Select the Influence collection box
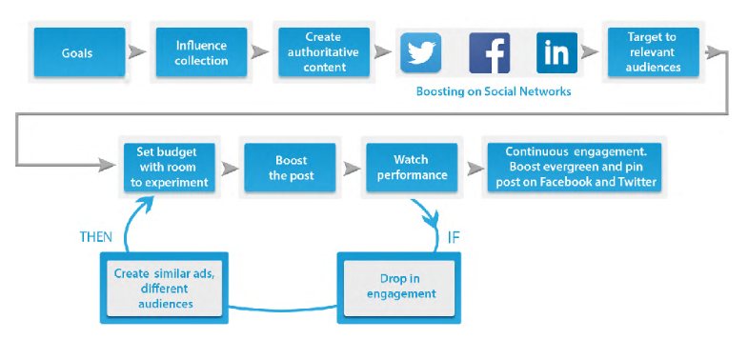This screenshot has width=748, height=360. click(x=201, y=52)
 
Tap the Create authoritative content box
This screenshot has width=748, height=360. click(x=324, y=52)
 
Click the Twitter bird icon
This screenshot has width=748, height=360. click(x=420, y=53)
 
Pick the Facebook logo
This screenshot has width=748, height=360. click(x=490, y=53)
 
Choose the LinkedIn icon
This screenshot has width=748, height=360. click(x=556, y=53)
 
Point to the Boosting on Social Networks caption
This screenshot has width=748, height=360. click(x=494, y=91)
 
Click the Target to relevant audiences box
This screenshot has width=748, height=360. click(x=653, y=52)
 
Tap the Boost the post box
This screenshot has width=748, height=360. click(x=290, y=168)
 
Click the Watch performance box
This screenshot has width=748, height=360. click(x=412, y=168)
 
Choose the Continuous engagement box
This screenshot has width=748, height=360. click(x=575, y=168)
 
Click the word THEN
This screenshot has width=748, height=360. click(x=96, y=237)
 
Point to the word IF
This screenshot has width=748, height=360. click(x=454, y=237)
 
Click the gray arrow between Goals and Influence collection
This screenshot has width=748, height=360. click(x=137, y=51)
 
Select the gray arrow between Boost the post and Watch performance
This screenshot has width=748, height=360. click(x=352, y=169)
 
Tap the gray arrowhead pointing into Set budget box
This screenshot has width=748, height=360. click(x=107, y=166)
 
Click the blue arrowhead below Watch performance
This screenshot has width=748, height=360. click(x=432, y=220)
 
